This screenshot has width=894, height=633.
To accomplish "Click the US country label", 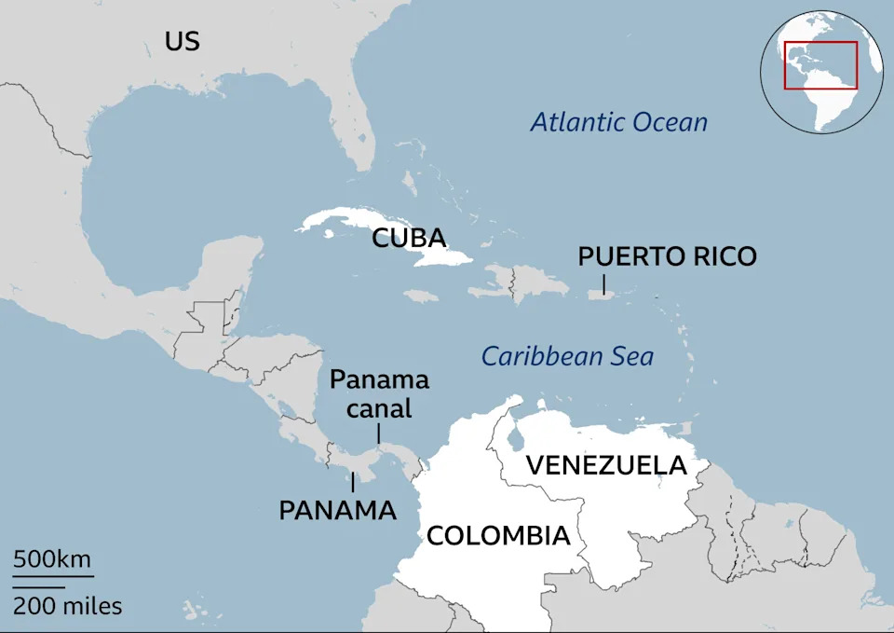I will tap(183, 41).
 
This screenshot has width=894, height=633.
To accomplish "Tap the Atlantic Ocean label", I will tap(618, 122).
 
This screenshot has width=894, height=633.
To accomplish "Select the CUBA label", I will tap(409, 238).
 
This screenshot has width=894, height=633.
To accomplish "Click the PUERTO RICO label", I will tap(667, 256).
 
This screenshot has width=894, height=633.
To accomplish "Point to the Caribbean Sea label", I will tap(567, 356).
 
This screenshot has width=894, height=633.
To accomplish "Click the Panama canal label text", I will tap(379, 393).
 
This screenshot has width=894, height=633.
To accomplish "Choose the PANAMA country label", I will tap(337, 510).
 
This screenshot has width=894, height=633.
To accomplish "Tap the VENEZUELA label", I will tap(606, 464).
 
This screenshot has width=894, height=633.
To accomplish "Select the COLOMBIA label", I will tap(498, 535).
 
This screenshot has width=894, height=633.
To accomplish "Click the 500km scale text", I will tap(52, 559).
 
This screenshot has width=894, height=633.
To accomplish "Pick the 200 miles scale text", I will tap(67, 606).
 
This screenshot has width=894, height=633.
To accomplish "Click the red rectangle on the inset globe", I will tap(820, 65).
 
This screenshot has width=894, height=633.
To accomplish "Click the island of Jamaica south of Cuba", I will tap(422, 296).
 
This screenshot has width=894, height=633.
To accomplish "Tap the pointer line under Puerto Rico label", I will tap(603, 282).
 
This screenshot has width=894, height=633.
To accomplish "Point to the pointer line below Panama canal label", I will tap(378, 433).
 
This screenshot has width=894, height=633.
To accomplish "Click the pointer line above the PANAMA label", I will tap(352, 482).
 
